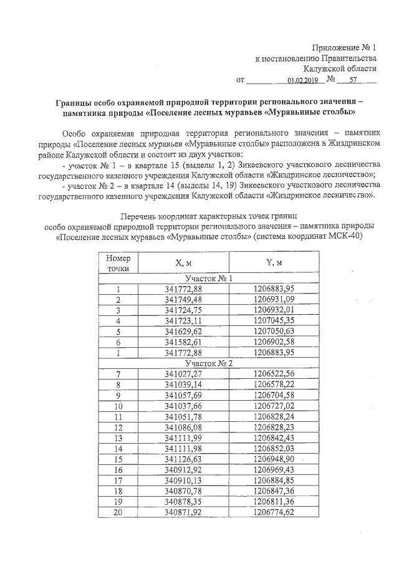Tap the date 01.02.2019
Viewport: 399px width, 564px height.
tap(303, 80)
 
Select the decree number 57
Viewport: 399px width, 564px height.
tap(353, 80)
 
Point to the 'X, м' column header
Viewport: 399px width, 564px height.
tap(184, 263)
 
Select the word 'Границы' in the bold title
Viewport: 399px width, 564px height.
tap(75, 102)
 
